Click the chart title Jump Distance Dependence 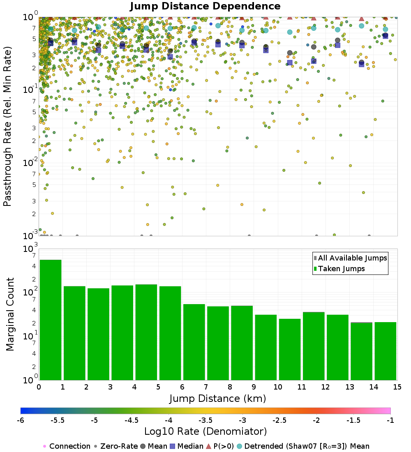click(x=205, y=6)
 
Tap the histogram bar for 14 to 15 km click(x=386, y=351)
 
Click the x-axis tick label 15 click(x=397, y=387)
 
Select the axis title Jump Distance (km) click(x=218, y=398)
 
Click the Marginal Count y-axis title click(x=10, y=314)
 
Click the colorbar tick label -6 click(x=21, y=420)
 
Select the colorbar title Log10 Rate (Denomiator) click(x=205, y=431)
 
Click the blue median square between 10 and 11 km click(x=290, y=62)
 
